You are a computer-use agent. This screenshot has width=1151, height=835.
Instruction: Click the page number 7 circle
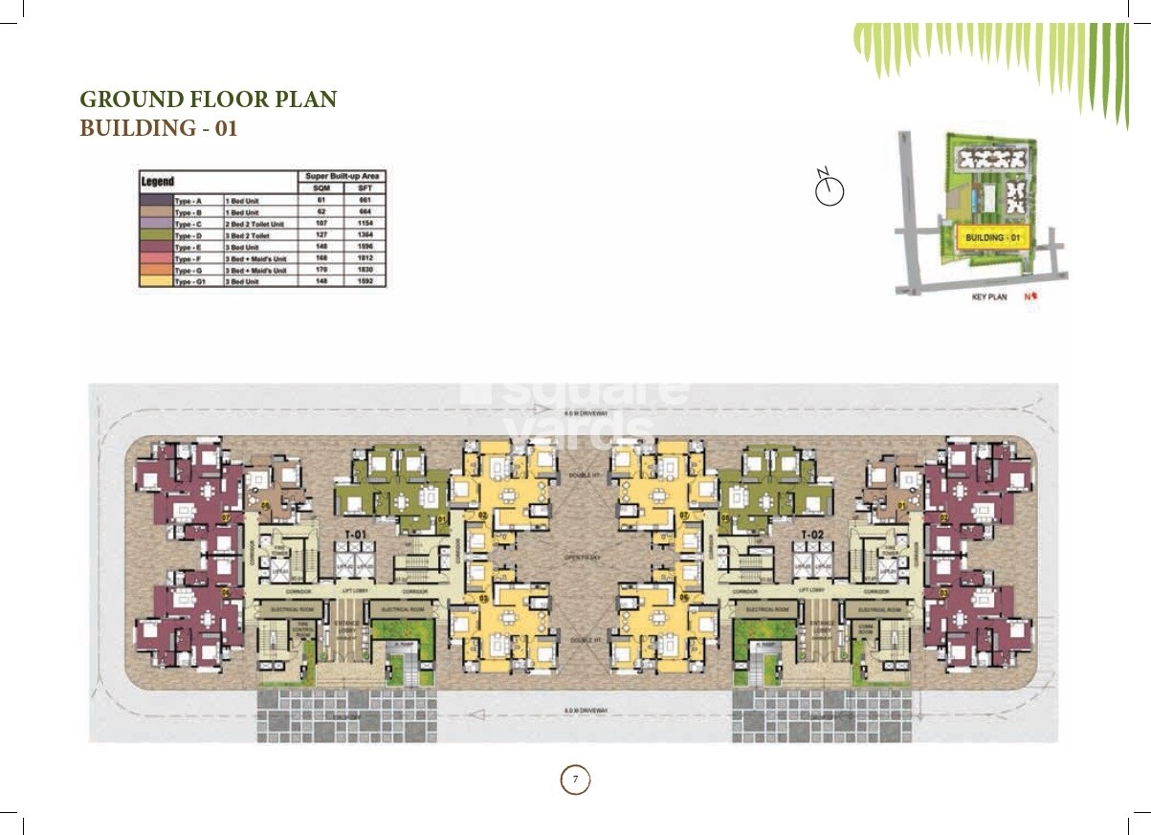pos(575,780)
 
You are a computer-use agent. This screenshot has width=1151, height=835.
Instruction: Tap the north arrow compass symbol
pos(829,190)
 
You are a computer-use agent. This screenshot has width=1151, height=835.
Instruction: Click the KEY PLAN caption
pos(989,297)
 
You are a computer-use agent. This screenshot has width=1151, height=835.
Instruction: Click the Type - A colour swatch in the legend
pos(156,201)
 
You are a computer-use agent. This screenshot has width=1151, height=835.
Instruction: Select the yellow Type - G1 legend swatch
pos(156,282)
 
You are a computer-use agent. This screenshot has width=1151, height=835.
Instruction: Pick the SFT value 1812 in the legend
pos(364,258)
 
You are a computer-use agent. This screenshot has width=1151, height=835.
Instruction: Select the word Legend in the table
pos(157,181)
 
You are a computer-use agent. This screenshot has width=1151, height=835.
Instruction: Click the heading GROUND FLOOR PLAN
pos(208,99)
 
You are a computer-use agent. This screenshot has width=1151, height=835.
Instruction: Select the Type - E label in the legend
pos(188,247)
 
